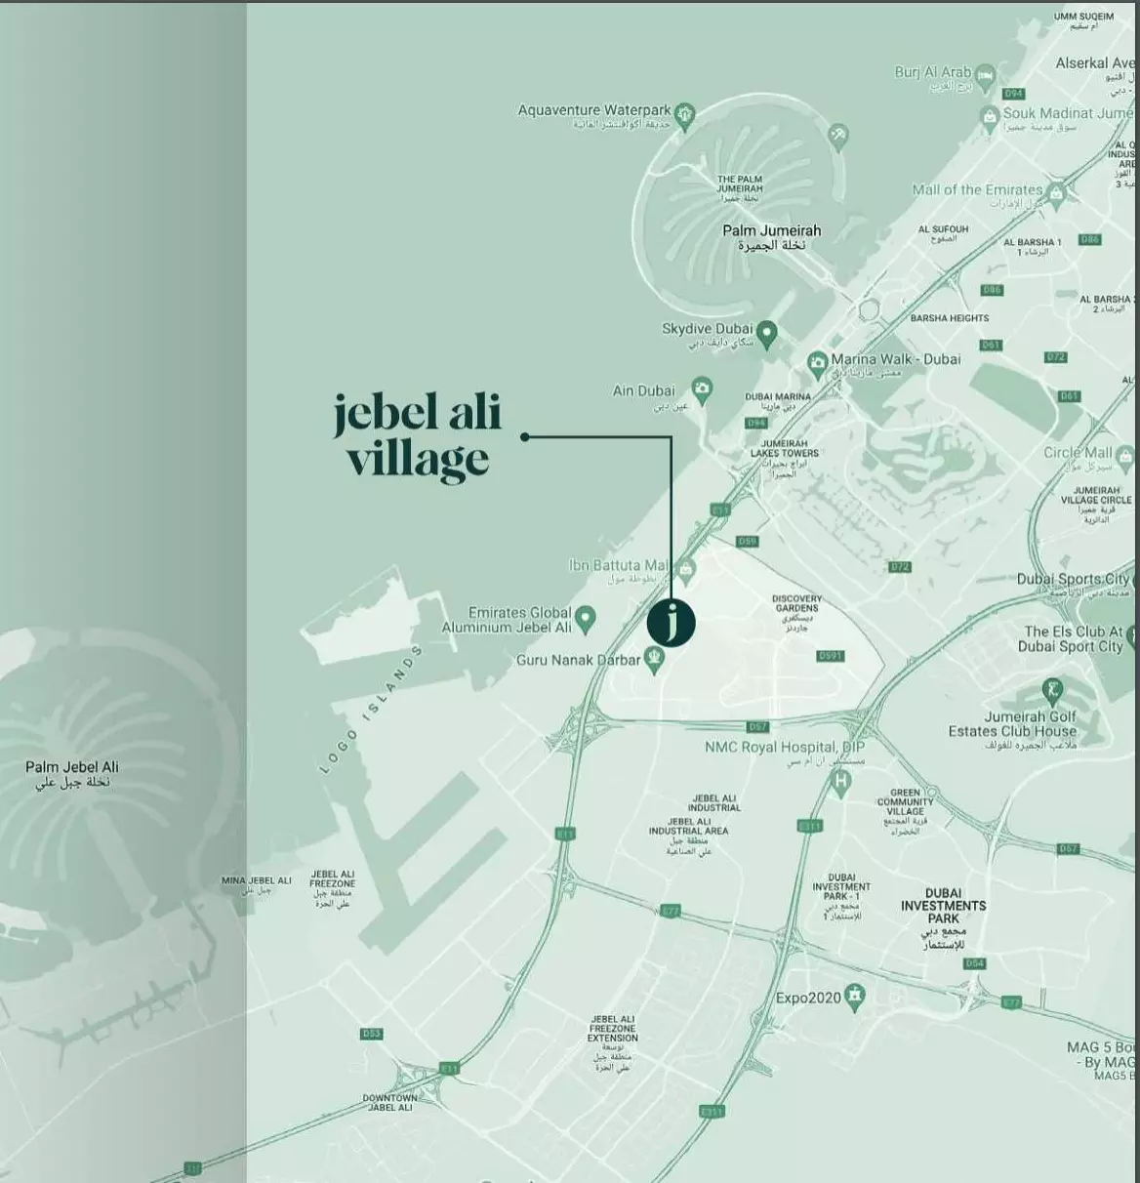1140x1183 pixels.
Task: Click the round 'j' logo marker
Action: tap(672, 622)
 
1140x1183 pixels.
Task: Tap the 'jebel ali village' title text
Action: tap(418, 436)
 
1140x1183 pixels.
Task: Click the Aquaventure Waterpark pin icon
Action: tap(685, 113)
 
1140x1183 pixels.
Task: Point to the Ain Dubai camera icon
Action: tap(701, 388)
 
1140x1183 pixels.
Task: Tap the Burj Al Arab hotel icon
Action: tap(986, 75)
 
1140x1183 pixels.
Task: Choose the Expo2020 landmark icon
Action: tap(855, 996)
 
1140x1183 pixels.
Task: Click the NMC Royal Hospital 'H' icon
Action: tap(839, 780)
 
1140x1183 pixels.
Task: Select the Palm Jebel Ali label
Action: tap(72, 774)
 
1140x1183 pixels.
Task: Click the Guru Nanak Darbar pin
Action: tap(655, 660)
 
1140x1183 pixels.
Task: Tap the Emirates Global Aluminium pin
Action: tap(586, 617)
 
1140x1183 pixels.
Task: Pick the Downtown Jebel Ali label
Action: tap(389, 1102)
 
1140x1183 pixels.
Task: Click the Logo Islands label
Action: tap(371, 710)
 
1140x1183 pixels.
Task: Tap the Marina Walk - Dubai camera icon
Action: tap(818, 364)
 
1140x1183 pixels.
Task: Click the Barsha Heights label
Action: tap(949, 318)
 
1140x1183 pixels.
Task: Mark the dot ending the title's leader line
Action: tap(525, 437)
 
